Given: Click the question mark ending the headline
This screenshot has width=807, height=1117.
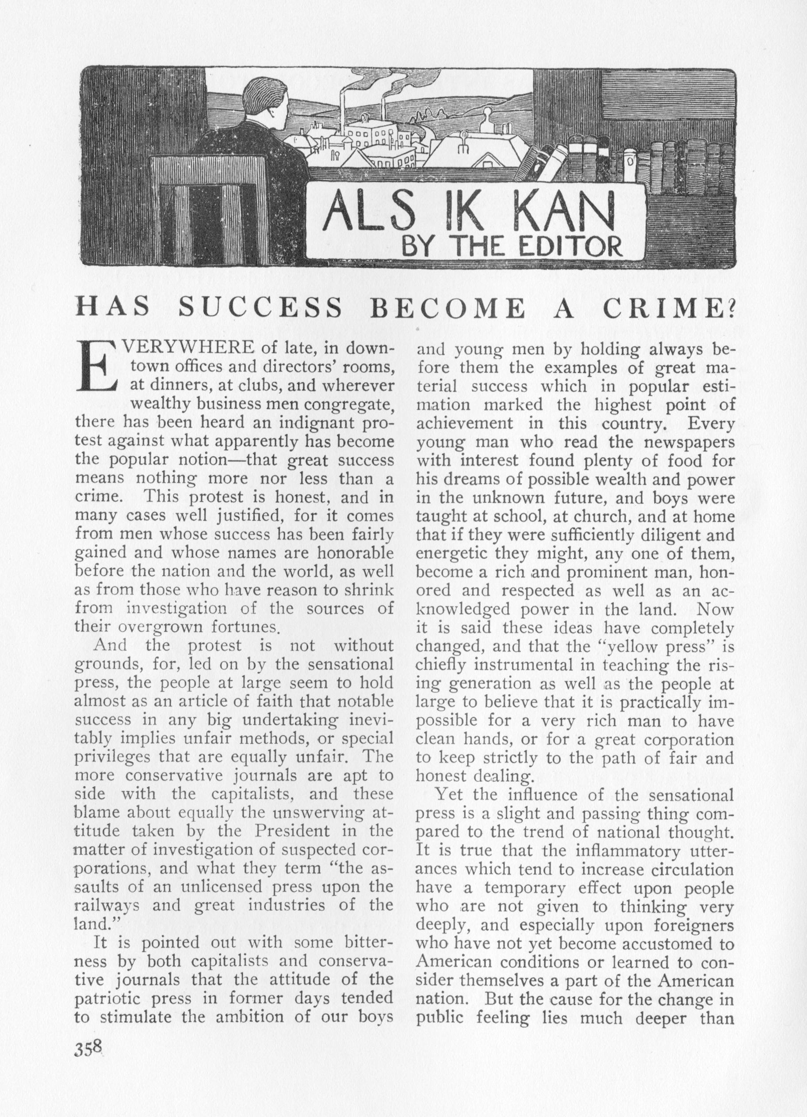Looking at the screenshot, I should pos(731,309).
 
